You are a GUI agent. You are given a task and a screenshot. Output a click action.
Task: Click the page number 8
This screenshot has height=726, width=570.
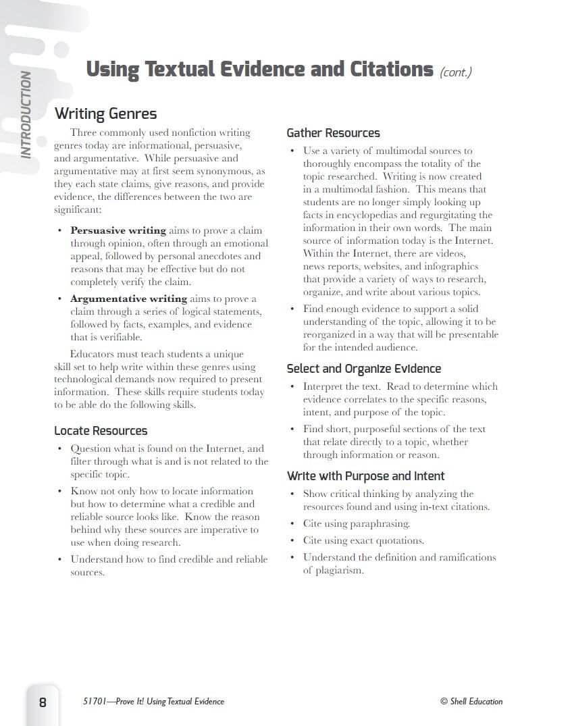(43, 702)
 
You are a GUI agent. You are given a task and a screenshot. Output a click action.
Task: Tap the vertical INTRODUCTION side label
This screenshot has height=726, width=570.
(26, 115)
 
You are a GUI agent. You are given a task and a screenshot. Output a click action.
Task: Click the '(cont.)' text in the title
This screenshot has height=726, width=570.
(455, 72)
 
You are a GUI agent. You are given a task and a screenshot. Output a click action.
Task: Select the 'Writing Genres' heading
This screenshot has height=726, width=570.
(105, 113)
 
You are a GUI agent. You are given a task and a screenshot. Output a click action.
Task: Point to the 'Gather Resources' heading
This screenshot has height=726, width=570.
(333, 133)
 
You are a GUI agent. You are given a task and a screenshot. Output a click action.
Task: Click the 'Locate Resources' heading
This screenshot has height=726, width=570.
(101, 431)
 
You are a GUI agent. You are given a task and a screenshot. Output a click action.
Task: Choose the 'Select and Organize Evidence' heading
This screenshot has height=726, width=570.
(363, 369)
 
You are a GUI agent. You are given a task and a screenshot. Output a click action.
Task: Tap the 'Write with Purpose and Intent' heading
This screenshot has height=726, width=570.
(365, 476)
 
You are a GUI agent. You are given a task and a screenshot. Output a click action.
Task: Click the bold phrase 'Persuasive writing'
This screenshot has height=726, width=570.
(118, 230)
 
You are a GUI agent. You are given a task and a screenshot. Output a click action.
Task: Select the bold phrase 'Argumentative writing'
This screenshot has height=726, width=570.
(128, 299)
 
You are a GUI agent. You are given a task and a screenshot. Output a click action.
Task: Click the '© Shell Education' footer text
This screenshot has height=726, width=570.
(471, 702)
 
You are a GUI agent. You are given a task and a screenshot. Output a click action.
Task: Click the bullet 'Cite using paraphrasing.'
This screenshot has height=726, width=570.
(356, 523)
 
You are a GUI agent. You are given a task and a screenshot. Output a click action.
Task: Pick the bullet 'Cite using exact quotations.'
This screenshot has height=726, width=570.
(363, 540)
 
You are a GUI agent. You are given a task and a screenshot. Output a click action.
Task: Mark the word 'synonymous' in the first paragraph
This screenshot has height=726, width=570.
(228, 172)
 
